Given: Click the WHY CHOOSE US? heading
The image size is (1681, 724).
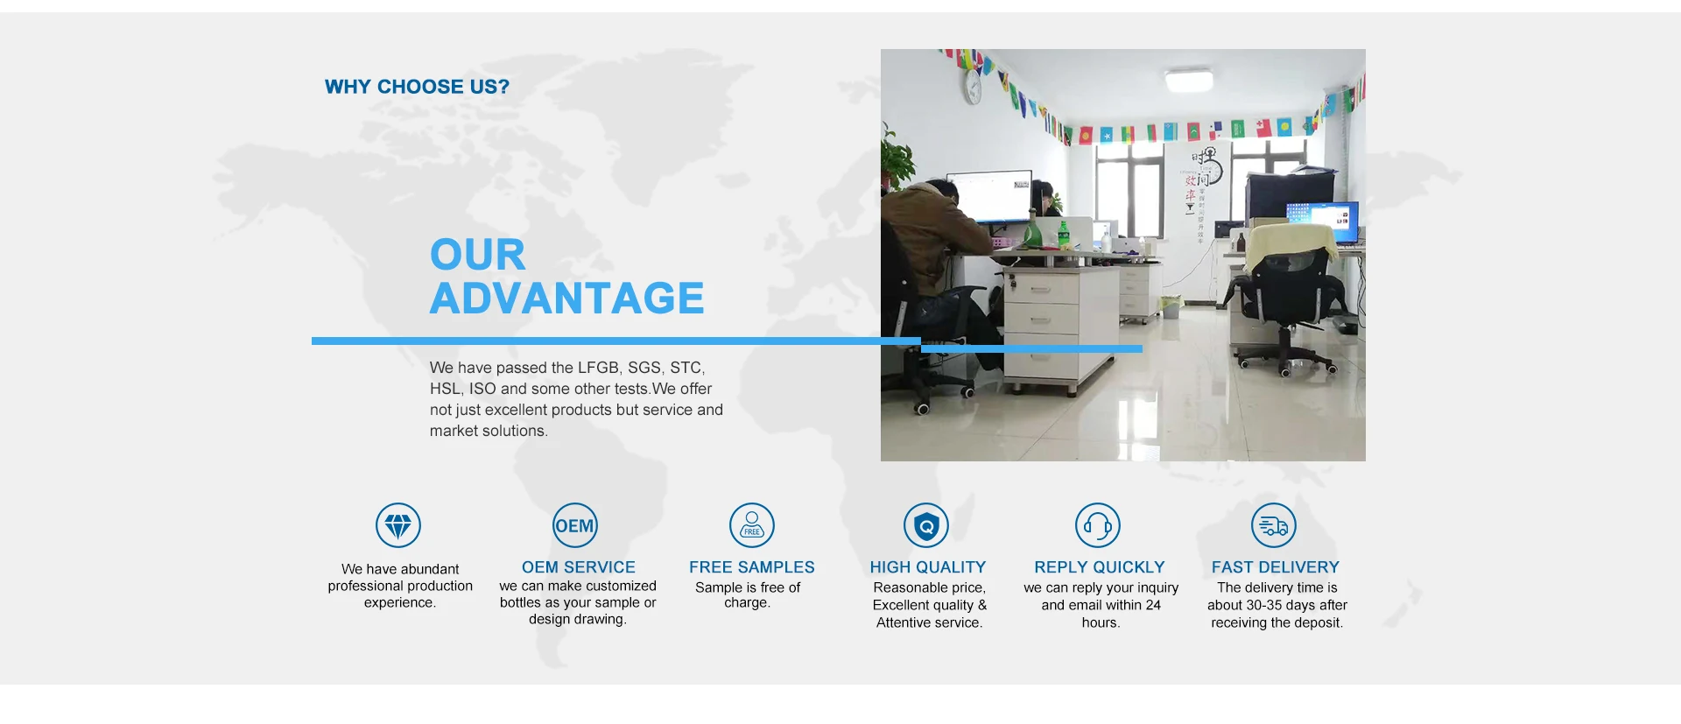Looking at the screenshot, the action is point(417,87).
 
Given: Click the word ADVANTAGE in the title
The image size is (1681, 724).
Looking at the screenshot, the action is point(566,299).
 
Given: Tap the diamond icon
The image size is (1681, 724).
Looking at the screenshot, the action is point(398,525).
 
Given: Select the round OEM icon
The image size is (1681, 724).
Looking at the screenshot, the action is point(575,525).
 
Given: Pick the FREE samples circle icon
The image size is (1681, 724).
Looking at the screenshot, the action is point(752,525).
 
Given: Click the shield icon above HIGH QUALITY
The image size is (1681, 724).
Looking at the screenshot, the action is point(926,525).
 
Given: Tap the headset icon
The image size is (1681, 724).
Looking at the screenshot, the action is point(1098,525).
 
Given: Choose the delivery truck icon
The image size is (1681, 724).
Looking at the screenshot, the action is point(1274,525).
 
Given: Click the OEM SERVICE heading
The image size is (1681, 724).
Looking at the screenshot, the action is point(579,567).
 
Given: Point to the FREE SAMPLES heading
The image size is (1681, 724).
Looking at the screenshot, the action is point(752,567).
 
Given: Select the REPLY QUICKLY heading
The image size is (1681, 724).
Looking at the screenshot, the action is point(1100,567).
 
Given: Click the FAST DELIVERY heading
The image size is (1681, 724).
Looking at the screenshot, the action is point(1276,567).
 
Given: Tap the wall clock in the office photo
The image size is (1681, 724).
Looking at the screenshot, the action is point(973,87).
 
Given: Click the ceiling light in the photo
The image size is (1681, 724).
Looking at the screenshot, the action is point(1188,81).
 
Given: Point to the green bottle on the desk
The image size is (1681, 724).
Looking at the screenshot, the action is point(1064,235).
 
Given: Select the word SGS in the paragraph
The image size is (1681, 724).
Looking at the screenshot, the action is point(644,368).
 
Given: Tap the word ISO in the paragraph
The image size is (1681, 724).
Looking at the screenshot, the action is point(482,389).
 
